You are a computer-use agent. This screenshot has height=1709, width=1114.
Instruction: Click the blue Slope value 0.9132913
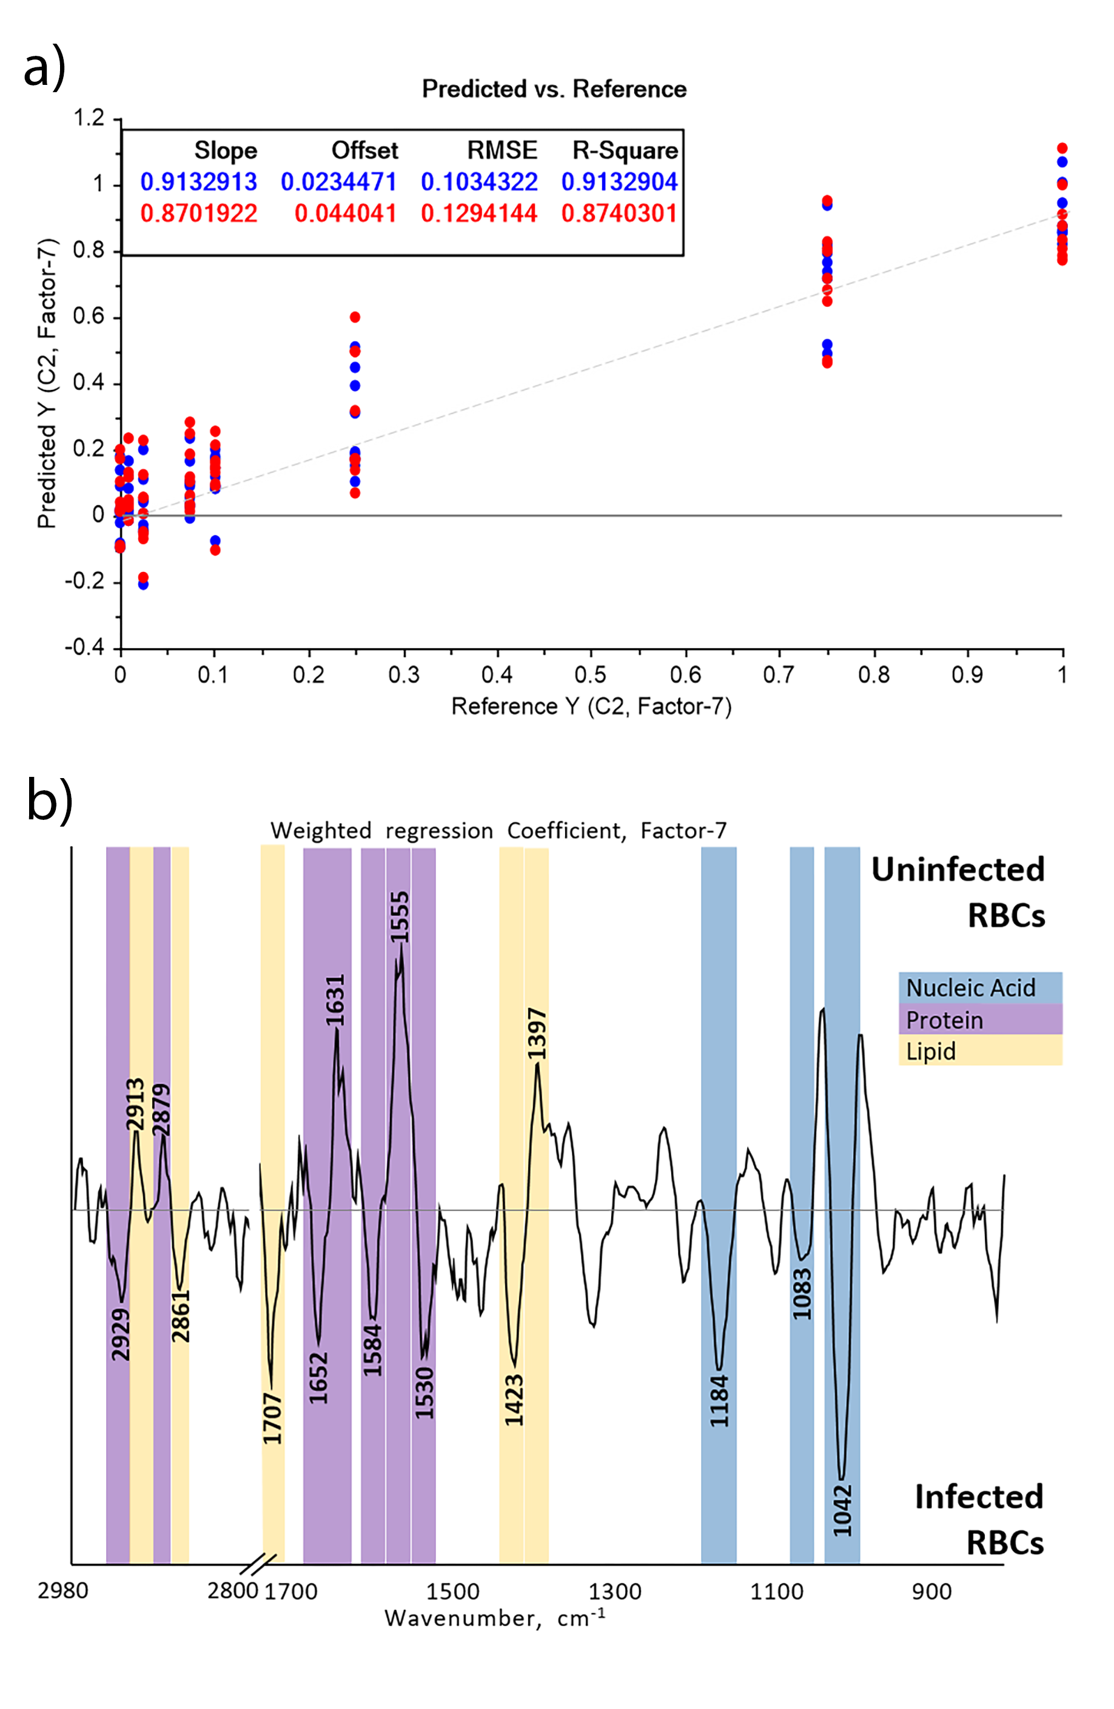[198, 182]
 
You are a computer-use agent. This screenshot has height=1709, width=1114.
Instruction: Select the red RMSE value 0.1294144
[479, 213]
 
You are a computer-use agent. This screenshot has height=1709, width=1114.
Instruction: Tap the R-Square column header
[625, 150]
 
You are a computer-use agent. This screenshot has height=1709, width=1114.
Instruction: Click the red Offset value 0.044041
[346, 213]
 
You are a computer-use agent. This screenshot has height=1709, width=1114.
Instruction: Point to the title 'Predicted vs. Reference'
[554, 89]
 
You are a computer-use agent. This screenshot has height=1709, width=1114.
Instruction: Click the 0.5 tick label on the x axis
[591, 674]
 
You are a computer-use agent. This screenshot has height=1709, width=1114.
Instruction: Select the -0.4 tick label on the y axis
[85, 648]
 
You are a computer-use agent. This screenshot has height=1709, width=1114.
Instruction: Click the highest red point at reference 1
[1062, 148]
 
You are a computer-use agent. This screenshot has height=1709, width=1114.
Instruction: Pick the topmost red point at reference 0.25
[355, 317]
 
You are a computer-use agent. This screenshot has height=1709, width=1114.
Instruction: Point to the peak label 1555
[400, 916]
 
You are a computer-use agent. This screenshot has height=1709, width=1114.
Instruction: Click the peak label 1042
[842, 1510]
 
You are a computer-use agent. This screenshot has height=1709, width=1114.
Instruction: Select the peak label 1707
[272, 1418]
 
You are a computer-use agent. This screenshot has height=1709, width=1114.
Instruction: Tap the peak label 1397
[537, 1034]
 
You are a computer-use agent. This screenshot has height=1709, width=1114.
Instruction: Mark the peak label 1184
[719, 1400]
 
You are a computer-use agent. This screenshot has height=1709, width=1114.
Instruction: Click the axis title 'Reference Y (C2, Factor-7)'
[591, 707]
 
